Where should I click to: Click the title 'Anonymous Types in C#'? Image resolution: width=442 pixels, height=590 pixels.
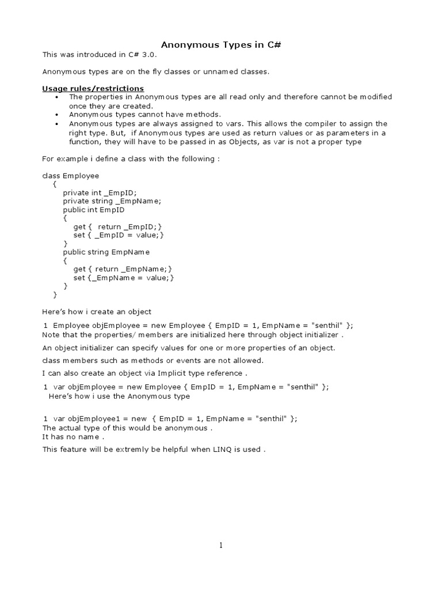(220, 45)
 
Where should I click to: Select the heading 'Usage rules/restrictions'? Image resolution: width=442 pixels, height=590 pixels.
(93, 88)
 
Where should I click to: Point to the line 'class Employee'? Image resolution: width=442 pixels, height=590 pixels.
(71, 175)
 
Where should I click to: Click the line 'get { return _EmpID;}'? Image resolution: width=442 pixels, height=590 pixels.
(118, 226)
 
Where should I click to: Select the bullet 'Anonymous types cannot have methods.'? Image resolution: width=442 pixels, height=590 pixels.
(144, 115)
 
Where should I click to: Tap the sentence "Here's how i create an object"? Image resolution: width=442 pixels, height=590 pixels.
(97, 312)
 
